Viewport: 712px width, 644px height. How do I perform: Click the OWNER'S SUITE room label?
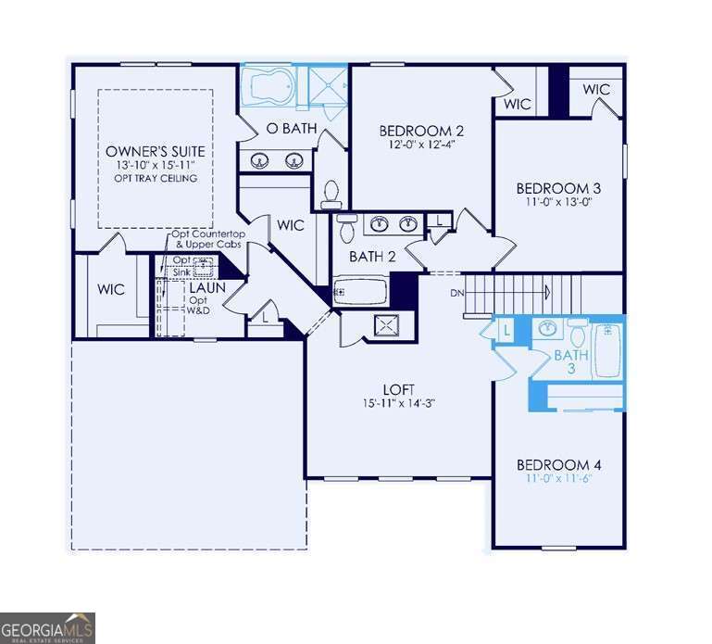(x=156, y=150)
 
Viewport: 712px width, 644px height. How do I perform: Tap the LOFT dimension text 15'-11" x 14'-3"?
(x=400, y=404)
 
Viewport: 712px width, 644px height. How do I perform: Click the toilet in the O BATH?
(x=331, y=194)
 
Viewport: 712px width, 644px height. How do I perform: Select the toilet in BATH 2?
(x=347, y=227)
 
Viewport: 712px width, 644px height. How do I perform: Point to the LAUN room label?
(x=208, y=288)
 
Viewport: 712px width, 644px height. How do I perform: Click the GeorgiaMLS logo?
(x=47, y=627)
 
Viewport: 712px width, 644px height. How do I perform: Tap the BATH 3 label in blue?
(x=571, y=362)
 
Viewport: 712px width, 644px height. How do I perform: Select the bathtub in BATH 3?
(x=608, y=349)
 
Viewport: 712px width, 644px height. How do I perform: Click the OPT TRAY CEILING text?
(x=156, y=178)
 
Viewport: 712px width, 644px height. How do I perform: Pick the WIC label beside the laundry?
(x=111, y=289)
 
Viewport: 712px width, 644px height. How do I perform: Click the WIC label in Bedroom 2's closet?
(x=518, y=104)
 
